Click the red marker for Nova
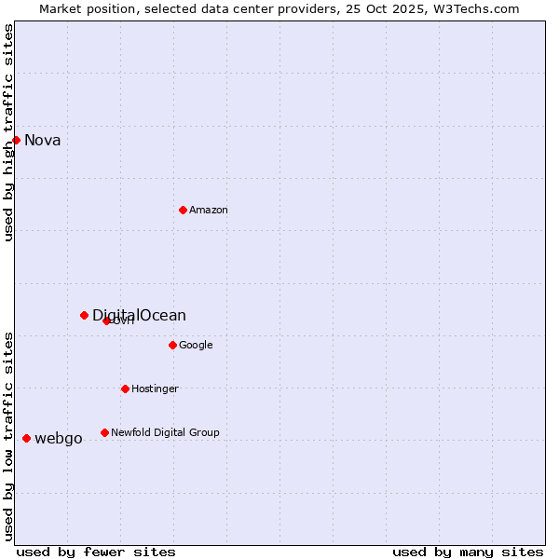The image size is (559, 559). [16, 140]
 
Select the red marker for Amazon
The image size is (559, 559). [183, 210]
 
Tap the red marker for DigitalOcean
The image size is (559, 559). [84, 315]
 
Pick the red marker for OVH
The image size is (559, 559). [106, 320]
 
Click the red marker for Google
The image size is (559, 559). [172, 345]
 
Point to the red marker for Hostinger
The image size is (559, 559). [125, 389]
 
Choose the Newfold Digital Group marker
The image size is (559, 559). [104, 432]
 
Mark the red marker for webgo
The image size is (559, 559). [26, 438]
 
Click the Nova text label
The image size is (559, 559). [43, 141]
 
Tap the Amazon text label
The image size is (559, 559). [209, 211]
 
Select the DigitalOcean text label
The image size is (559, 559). [139, 315]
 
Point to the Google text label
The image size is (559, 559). [196, 346]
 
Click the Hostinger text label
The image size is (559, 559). [155, 389]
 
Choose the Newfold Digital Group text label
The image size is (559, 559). [165, 433]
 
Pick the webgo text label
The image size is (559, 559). [59, 439]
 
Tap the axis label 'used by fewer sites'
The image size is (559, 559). [96, 552]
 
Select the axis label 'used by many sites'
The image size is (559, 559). [468, 552]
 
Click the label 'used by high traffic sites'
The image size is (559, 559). [9, 133]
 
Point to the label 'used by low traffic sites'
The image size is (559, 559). [9, 436]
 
